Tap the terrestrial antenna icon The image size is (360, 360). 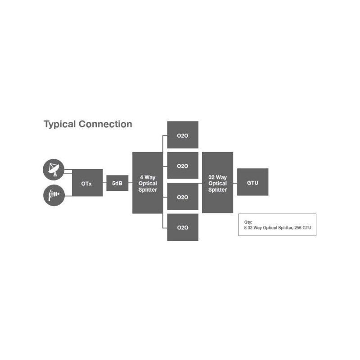coord(54,195)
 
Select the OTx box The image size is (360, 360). coord(87,183)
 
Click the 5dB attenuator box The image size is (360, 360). coord(117,183)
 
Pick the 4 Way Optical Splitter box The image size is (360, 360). coord(147,183)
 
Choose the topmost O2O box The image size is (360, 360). coord(183,135)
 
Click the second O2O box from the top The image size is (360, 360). coord(183,166)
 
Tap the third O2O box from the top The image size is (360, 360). coord(183,197)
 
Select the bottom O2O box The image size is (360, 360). coord(183,227)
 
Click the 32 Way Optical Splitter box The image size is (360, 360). coord(218,183)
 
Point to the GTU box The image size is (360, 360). coord(252,182)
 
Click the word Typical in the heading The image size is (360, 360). coord(59,124)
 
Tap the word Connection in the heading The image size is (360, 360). coord(105,124)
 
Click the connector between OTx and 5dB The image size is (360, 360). coord(104,183)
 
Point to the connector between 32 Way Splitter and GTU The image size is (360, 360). coord(235,183)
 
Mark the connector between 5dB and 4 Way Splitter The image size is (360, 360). coord(130,183)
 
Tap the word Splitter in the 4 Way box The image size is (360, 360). coord(148,190)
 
